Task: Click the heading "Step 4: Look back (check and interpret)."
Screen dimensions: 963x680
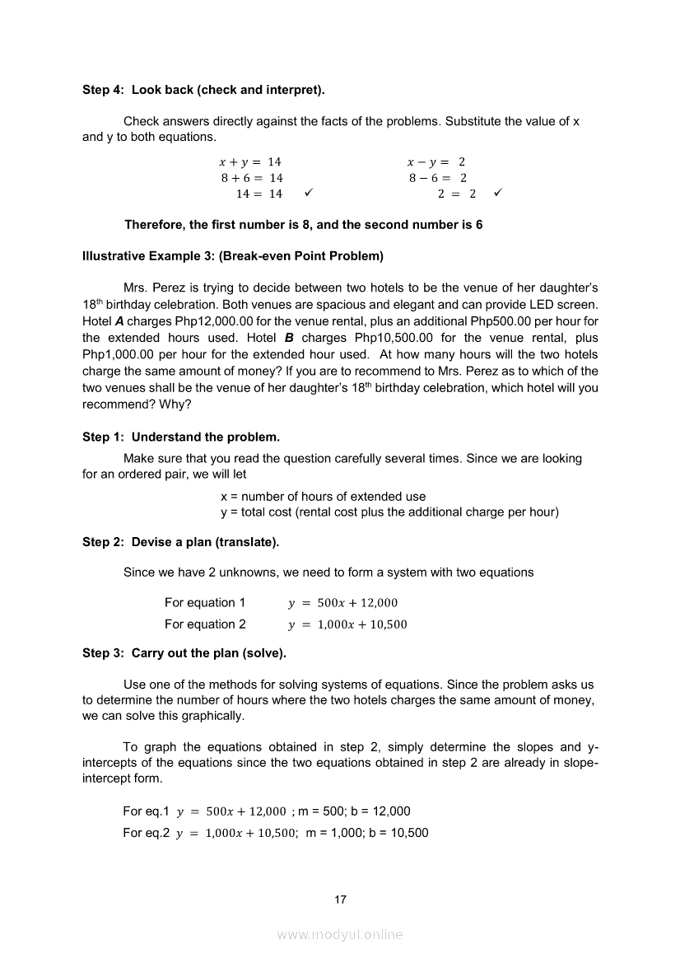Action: [209, 89]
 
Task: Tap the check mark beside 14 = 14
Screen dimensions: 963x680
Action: [307, 194]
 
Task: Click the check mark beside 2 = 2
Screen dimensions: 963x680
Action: [498, 194]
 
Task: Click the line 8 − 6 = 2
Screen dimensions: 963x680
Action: [438, 178]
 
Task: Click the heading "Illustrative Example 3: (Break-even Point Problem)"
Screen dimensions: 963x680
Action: [233, 256]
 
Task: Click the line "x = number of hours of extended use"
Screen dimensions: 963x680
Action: [324, 497]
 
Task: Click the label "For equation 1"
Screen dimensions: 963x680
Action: [205, 602]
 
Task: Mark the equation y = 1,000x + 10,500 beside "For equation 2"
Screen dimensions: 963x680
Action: [347, 624]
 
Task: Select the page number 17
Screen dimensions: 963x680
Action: [340, 900]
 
